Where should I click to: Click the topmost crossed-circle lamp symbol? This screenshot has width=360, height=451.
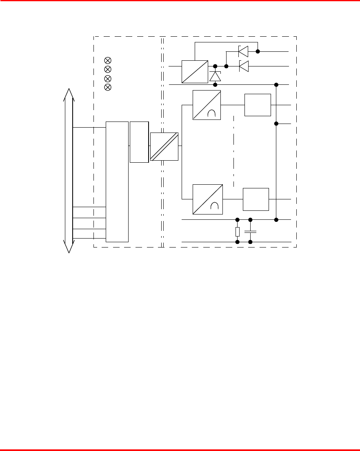pyautogui.click(x=108, y=60)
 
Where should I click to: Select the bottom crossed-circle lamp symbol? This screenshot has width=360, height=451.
pyautogui.click(x=108, y=87)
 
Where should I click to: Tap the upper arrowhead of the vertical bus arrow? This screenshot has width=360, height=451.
pyautogui.click(x=69, y=94)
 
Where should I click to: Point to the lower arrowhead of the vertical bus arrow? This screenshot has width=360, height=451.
pyautogui.click(x=69, y=246)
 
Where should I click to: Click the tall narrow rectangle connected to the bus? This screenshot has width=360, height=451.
pyautogui.click(x=117, y=181)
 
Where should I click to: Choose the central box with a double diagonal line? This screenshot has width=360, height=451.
pyautogui.click(x=164, y=146)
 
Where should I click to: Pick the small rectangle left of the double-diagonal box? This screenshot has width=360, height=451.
pyautogui.click(x=139, y=141)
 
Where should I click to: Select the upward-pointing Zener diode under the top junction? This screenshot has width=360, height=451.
pyautogui.click(x=215, y=76)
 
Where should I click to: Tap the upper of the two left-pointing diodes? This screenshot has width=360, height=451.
pyautogui.click(x=243, y=51)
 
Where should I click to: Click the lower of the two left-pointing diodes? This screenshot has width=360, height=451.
pyautogui.click(x=244, y=66)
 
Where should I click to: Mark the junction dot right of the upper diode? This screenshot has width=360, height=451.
pyautogui.click(x=258, y=51)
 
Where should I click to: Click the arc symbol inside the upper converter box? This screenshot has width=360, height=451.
pyautogui.click(x=211, y=114)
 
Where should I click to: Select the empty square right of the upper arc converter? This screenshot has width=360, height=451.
pyautogui.click(x=258, y=105)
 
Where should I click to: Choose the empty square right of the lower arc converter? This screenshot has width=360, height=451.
pyautogui.click(x=256, y=199)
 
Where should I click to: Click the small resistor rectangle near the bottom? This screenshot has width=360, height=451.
pyautogui.click(x=238, y=231)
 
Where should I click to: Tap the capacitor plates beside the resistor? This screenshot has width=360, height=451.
pyautogui.click(x=250, y=231)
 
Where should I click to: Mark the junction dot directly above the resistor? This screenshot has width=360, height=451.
pyautogui.click(x=238, y=220)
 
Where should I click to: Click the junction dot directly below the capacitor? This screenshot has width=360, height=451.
pyautogui.click(x=250, y=242)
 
